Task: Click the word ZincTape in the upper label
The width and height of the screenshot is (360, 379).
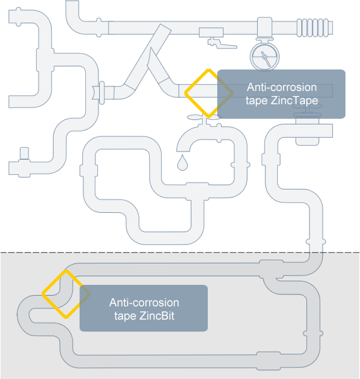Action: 294,100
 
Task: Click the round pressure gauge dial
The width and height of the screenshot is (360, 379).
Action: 265,57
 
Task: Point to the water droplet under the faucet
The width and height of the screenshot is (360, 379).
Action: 183,162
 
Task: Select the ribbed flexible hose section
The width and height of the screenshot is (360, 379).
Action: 315,28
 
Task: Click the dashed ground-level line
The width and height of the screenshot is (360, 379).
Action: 180,253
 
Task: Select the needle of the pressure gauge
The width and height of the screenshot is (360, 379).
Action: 265,59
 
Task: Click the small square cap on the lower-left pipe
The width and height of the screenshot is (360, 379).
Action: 24,153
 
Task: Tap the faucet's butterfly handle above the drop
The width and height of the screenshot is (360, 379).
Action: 204,117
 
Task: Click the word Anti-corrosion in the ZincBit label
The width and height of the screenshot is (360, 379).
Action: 144,303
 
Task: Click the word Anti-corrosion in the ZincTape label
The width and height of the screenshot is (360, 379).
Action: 282,87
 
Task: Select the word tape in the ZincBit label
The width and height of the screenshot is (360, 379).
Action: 124,316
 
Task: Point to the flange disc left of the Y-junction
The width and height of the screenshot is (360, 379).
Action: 102,93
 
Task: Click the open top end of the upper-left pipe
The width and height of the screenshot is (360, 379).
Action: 72,1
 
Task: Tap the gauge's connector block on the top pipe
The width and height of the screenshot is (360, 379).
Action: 265,27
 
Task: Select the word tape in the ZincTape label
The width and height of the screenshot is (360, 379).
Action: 256,101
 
